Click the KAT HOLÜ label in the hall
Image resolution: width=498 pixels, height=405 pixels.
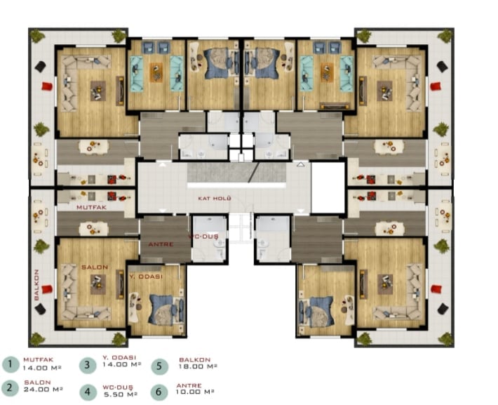[x=215, y=199]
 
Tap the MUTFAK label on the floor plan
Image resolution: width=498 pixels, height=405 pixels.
[x=91, y=207]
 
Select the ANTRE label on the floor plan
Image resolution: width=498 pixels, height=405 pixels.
[x=161, y=244]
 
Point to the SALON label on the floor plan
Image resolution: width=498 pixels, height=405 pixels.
[x=95, y=267]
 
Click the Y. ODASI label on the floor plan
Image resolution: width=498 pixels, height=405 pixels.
[x=146, y=277]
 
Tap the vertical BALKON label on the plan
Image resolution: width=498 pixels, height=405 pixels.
[x=36, y=285]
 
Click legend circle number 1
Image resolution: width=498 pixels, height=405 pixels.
[x=11, y=364]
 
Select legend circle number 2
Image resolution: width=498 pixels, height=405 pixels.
[x=10, y=387]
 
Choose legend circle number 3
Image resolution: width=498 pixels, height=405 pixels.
[x=88, y=365]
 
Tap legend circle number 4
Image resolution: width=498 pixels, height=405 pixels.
[x=88, y=392]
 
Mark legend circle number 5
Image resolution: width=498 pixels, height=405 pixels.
[x=160, y=366]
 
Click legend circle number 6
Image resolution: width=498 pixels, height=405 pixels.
[x=159, y=392]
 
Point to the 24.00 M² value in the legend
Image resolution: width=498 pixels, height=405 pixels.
[x=43, y=390]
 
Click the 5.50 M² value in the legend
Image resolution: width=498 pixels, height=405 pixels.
[x=121, y=394]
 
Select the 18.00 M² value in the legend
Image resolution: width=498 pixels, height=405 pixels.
[x=198, y=366]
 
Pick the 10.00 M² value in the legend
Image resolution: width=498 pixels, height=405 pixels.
[x=195, y=392]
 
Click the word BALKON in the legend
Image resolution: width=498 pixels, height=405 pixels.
[x=195, y=360]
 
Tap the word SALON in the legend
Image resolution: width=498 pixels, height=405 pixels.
[x=37, y=383]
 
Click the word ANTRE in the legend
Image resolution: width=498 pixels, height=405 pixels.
[x=189, y=385]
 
